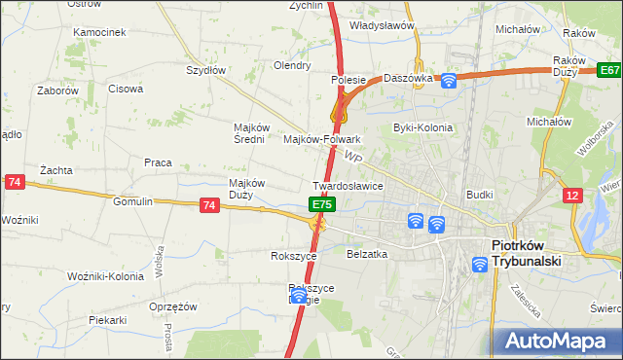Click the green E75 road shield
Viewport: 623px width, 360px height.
(323, 205)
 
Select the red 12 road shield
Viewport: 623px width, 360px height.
(572, 197)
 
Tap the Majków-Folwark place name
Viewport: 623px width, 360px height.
(321, 139)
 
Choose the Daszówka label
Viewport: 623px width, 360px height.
(407, 78)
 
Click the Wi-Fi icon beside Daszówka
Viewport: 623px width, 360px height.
(449, 81)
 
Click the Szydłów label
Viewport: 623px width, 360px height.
(205, 70)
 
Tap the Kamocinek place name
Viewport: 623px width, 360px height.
(99, 32)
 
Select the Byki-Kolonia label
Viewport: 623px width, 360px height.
(418, 127)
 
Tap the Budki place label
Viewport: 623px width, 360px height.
(480, 195)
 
